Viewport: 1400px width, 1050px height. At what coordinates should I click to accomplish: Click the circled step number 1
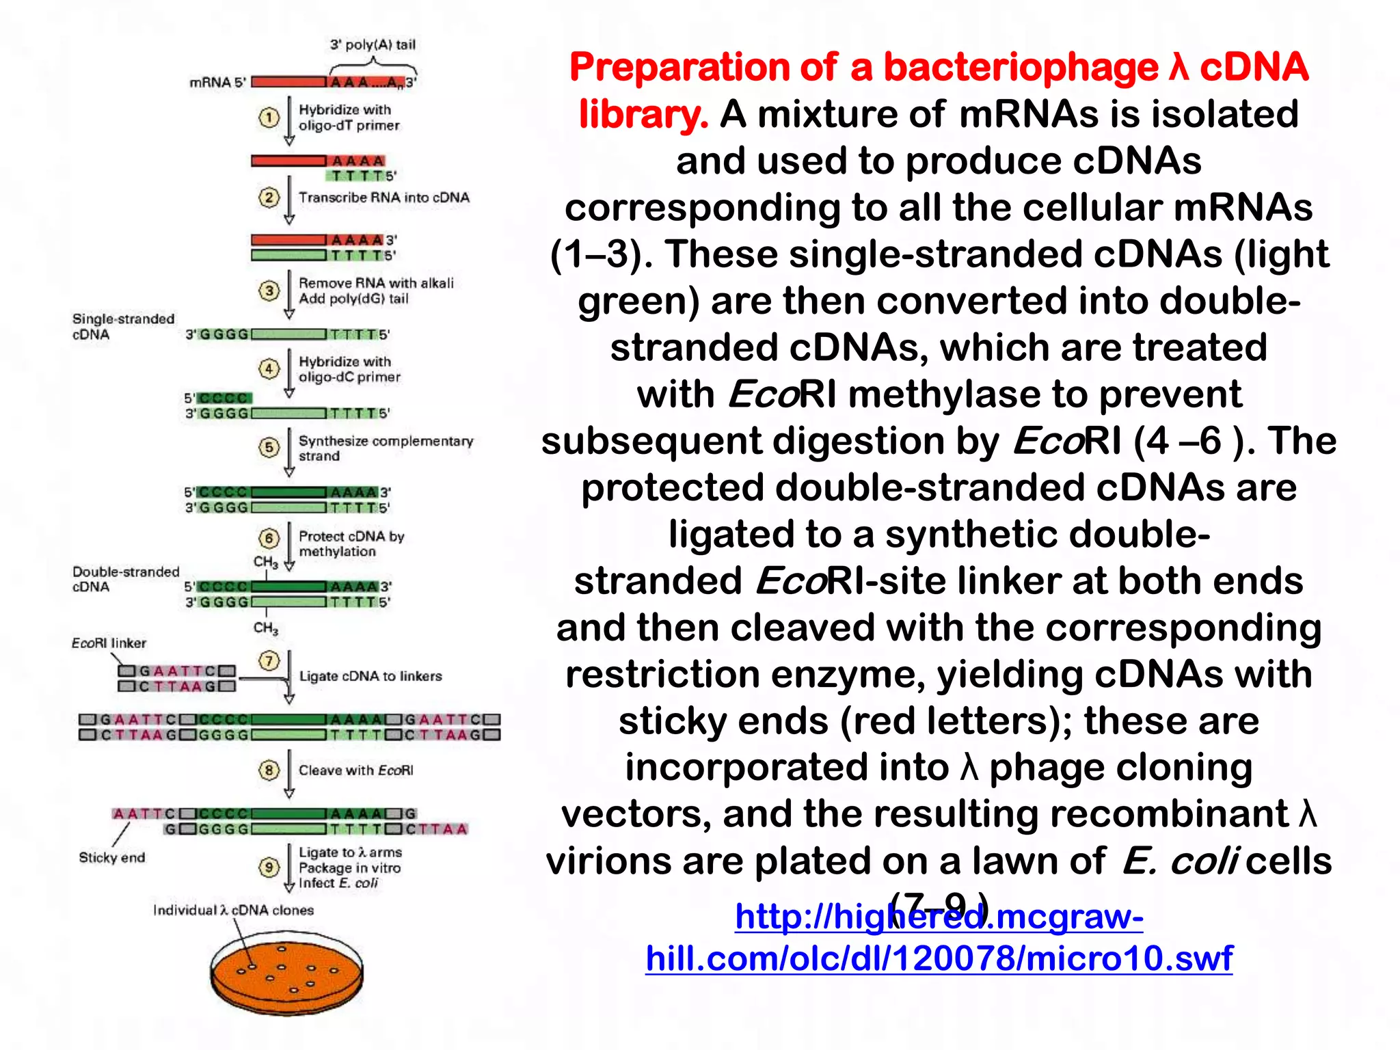click(269, 118)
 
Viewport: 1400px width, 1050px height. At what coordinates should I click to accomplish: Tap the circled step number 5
click(269, 447)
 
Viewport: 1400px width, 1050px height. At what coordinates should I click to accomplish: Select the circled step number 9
click(269, 867)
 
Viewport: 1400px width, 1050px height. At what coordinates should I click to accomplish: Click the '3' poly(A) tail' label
click(373, 45)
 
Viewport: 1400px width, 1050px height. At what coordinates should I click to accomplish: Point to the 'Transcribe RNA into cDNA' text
click(383, 198)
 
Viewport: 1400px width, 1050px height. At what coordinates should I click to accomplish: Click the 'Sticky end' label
click(112, 857)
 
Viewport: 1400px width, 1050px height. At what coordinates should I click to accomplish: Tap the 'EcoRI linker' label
click(109, 643)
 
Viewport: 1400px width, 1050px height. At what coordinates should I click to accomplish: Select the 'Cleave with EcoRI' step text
click(355, 770)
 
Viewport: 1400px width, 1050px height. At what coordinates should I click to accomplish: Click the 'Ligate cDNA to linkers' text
click(370, 676)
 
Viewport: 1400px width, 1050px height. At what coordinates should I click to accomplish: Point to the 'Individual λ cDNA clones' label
click(233, 911)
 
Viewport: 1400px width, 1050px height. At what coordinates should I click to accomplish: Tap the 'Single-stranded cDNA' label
click(123, 327)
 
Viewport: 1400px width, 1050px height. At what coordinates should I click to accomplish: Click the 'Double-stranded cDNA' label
click(126, 579)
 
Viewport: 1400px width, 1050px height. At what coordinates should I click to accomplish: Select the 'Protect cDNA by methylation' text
click(351, 543)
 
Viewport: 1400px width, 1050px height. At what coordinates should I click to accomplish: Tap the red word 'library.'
click(643, 114)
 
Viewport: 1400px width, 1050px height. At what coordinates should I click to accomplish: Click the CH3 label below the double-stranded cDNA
click(265, 628)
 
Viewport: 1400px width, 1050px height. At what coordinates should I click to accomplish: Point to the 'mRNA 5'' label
click(217, 83)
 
